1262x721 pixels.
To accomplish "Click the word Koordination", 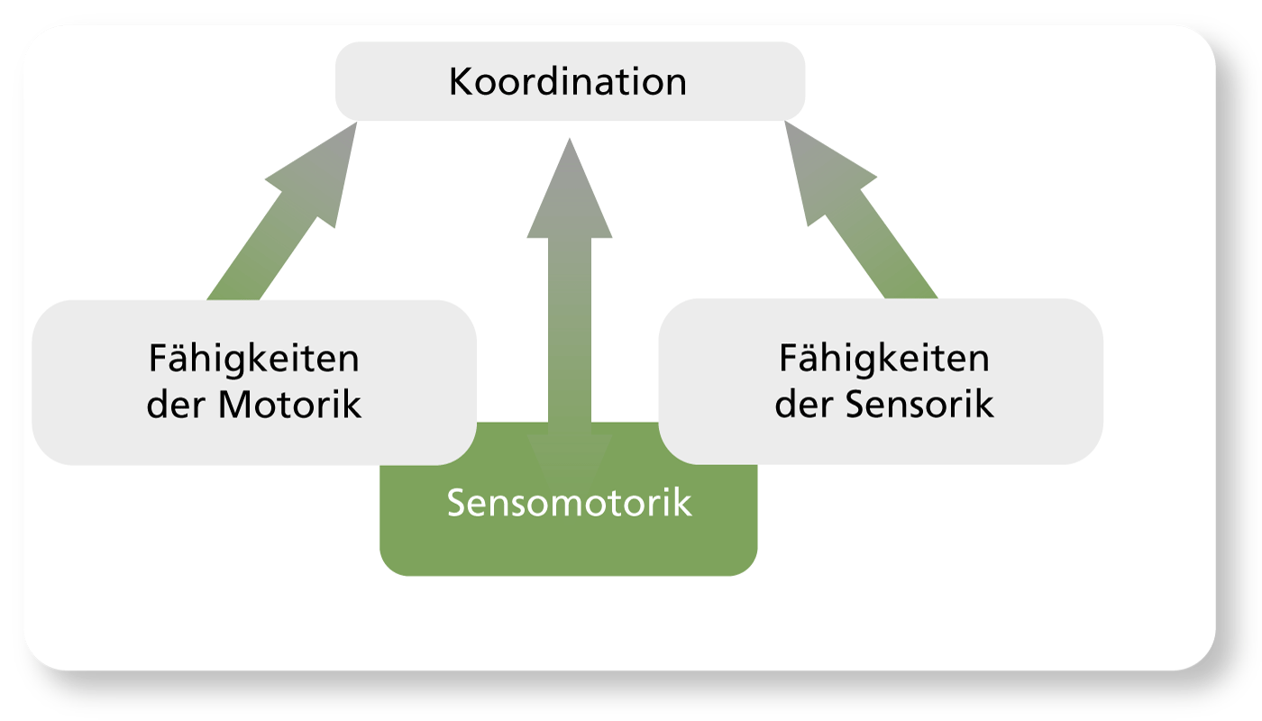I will (568, 82).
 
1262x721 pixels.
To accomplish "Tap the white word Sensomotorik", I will (569, 503).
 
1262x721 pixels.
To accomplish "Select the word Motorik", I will (289, 405).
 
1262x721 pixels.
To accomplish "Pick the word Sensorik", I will (920, 405).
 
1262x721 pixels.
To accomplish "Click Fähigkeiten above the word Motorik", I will (253, 360).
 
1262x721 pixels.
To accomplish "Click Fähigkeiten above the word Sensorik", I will (884, 360).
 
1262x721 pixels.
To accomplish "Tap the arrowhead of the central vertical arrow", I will (570, 194).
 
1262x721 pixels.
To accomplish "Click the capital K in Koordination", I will (460, 82).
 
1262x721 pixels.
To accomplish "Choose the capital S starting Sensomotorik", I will (458, 503).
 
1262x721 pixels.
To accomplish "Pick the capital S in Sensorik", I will (859, 405).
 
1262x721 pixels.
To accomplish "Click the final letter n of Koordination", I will (676, 83).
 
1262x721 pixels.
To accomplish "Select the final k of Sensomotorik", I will (684, 503).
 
